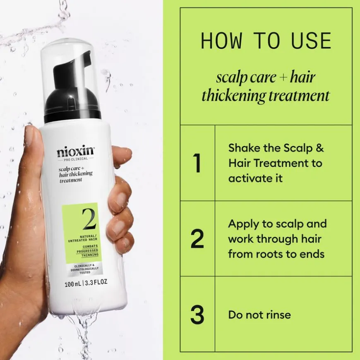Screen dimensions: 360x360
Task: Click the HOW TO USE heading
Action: coord(266,41)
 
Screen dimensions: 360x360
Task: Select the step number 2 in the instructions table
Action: coord(198,239)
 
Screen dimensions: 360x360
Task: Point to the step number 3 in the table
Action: coord(198,315)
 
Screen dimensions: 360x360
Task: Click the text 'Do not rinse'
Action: coord(259,314)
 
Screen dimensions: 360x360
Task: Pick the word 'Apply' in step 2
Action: coord(243,224)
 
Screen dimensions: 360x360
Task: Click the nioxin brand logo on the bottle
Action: coord(76,152)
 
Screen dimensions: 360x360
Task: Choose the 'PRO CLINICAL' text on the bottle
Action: coord(76,159)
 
